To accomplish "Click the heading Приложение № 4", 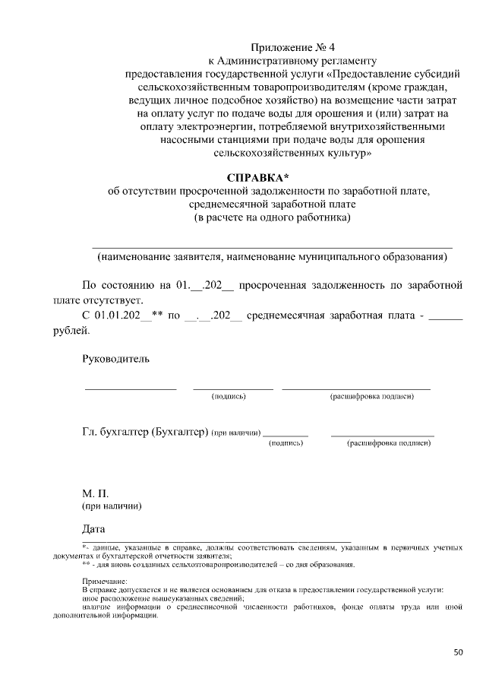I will click(292, 46).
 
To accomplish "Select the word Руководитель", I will click(115, 358).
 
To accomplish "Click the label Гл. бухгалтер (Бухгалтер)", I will click(145, 433).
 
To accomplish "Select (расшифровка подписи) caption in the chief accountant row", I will click(388, 442).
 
